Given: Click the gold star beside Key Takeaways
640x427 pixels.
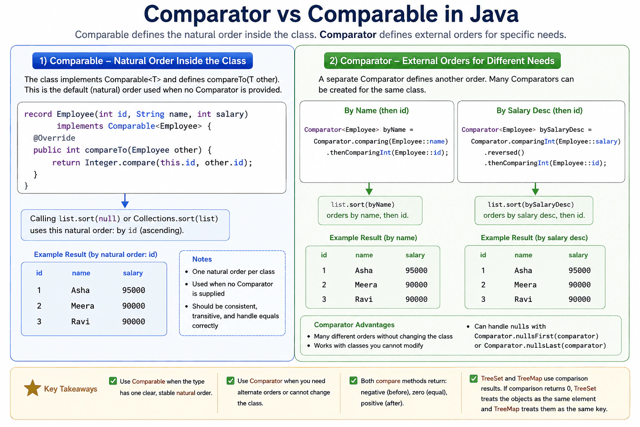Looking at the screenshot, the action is [x=32, y=388].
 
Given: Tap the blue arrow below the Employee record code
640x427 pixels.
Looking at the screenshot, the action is [x=125, y=201].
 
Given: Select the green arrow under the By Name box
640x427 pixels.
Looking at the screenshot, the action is [x=369, y=189].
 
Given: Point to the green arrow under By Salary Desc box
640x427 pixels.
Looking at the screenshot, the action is [x=535, y=189].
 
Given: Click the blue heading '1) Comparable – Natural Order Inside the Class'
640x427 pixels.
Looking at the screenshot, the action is [x=142, y=60].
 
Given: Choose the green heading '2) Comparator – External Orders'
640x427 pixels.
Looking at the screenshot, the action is [x=442, y=60].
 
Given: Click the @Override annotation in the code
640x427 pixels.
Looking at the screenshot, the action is [x=54, y=138].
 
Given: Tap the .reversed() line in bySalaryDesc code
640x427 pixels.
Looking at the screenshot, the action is [x=504, y=153].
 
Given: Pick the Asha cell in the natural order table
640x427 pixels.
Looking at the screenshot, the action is [x=80, y=290].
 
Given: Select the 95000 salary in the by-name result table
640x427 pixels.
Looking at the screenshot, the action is [x=416, y=271].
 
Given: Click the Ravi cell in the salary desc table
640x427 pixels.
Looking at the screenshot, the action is [x=523, y=299].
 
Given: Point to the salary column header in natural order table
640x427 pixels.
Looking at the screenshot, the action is [x=133, y=273].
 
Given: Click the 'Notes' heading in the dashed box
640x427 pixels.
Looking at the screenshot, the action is [x=202, y=259].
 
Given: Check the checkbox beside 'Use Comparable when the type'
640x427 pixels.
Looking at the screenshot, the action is [x=113, y=381].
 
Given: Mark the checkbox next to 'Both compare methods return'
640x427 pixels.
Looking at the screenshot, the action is [x=353, y=381].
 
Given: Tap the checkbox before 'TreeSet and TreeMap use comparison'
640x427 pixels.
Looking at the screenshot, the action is [x=473, y=379].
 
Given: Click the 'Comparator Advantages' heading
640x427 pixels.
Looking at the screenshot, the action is [x=354, y=325].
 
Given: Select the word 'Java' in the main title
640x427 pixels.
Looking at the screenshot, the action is [x=494, y=14].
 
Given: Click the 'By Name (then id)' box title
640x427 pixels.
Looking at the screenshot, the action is [x=376, y=111].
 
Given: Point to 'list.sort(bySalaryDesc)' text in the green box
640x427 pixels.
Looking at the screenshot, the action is [x=530, y=204].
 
